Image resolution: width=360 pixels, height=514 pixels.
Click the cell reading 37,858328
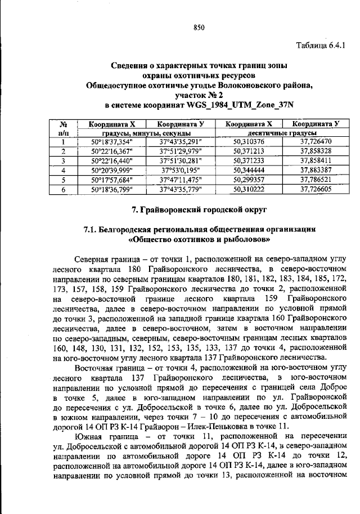click(316, 151)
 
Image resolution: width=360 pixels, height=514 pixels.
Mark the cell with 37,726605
click(316, 189)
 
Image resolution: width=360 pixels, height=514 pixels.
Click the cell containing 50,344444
click(249, 170)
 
